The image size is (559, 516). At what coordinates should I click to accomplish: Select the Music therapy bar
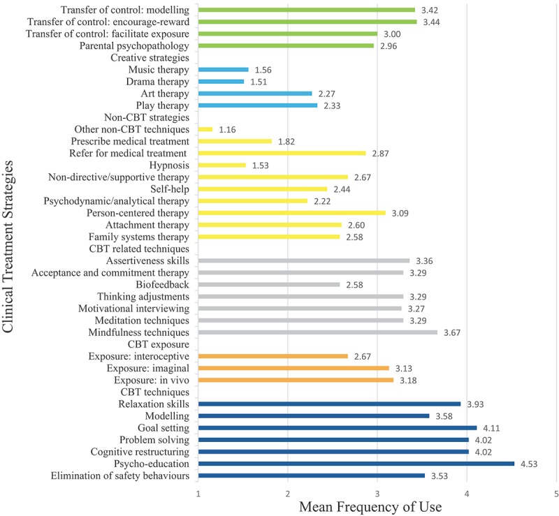[224, 70]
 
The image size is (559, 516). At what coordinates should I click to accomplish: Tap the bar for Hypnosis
[222, 165]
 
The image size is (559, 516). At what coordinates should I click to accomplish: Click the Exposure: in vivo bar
[296, 380]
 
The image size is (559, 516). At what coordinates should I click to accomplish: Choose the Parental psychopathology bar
[286, 46]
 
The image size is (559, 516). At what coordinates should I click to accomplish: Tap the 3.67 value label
[453, 332]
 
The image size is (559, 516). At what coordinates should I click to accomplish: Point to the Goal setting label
[161, 428]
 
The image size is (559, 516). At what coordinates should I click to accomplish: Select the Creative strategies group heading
[150, 58]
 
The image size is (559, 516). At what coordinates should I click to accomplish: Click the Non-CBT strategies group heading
[147, 117]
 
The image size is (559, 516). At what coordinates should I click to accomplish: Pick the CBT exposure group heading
[159, 344]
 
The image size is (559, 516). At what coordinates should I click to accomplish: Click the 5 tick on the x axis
[556, 495]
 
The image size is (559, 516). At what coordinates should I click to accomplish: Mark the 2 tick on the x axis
[288, 495]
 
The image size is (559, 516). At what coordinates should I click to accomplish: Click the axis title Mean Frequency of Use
[370, 508]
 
